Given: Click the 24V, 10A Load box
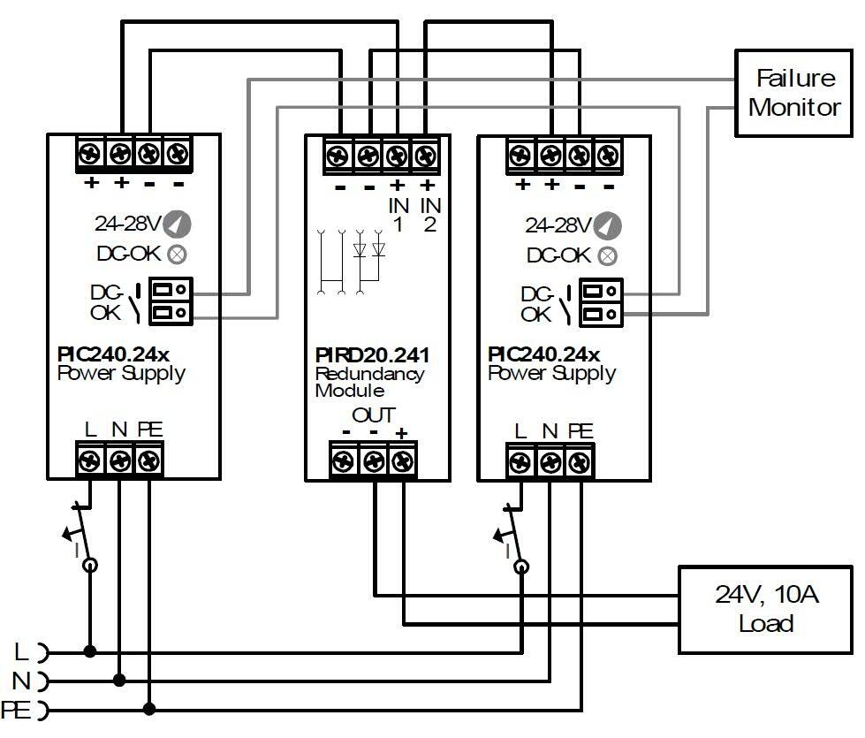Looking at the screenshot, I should (765, 609).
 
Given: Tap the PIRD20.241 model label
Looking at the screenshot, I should (371, 356).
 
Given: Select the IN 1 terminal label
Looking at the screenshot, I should (398, 215).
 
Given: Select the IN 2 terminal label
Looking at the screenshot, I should (429, 215).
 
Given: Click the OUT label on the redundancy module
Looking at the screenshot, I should (374, 415).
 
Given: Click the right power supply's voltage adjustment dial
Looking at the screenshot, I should (607, 225).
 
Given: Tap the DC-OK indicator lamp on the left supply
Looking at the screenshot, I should (177, 255).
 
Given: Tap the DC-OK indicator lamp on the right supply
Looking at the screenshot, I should (607, 255).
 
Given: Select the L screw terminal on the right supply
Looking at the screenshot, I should (521, 461).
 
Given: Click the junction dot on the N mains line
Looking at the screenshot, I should (119, 680).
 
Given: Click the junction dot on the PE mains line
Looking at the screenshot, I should (149, 708).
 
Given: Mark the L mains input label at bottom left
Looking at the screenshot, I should (22, 652).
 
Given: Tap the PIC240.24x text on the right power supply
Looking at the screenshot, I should (543, 355).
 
